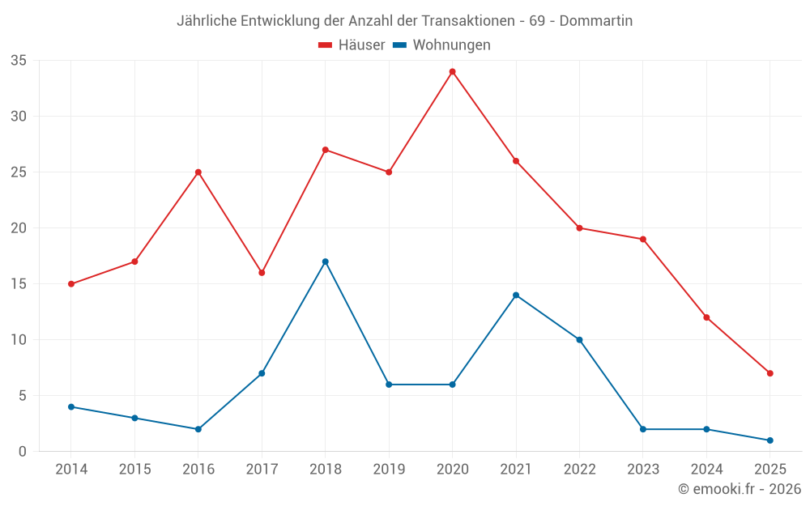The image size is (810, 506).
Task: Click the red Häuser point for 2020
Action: (452, 71)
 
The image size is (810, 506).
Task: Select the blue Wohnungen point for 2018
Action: (325, 262)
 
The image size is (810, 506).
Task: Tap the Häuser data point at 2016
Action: (198, 172)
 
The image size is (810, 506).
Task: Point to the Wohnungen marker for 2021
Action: (516, 295)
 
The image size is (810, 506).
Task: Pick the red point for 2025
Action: (769, 373)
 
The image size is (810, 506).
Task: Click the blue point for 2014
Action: (71, 406)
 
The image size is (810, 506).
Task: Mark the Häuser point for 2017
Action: (262, 273)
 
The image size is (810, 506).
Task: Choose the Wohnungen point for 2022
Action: (579, 340)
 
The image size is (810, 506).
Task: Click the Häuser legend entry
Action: (352, 45)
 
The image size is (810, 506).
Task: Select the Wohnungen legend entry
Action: (442, 45)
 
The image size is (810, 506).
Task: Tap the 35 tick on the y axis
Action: (19, 61)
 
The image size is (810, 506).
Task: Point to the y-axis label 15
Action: (19, 284)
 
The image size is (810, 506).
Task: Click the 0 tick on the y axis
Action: (23, 452)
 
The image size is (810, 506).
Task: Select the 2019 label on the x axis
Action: (389, 470)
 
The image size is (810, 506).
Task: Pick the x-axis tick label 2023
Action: (643, 470)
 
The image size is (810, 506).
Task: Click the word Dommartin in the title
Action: (596, 20)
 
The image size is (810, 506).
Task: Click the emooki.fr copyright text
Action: (740, 489)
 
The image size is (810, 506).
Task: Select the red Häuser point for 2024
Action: (706, 317)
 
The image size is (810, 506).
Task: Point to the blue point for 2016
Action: (198, 429)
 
